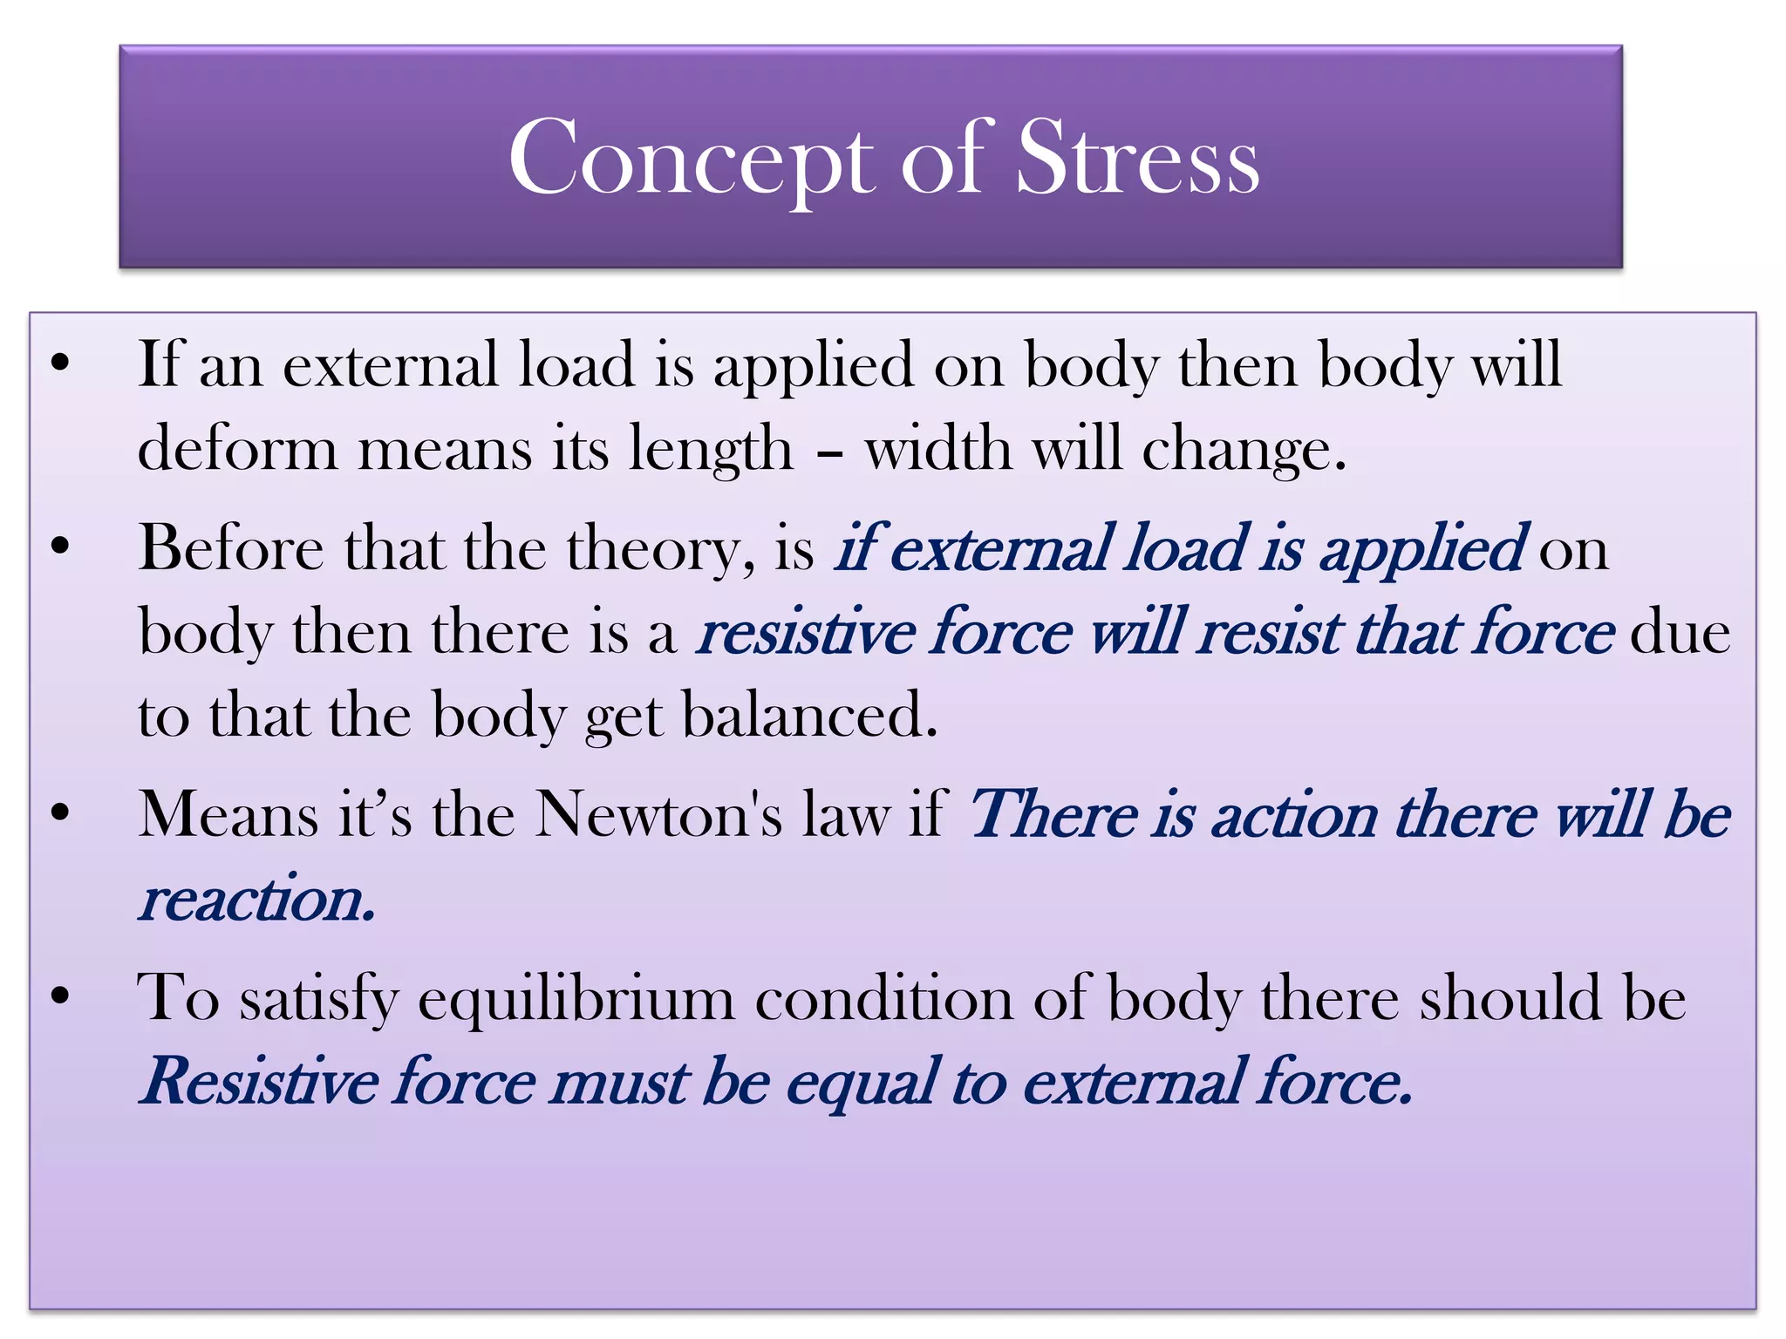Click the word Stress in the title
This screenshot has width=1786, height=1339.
point(1138,159)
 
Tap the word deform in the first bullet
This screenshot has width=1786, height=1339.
point(237,450)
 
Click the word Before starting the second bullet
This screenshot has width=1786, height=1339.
point(231,549)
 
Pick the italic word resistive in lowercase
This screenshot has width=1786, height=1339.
point(806,632)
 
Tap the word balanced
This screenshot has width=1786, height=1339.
point(809,715)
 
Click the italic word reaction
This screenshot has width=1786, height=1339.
point(258,900)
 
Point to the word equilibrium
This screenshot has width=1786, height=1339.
point(576,998)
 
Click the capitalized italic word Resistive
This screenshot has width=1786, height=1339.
point(259,1082)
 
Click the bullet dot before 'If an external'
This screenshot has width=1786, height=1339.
point(59,364)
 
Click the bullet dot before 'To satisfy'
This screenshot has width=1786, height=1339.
point(59,997)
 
